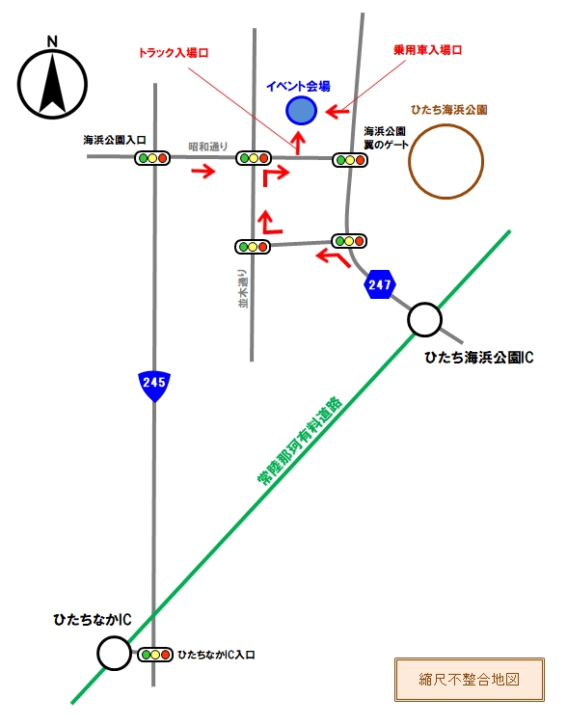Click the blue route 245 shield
[x=154, y=386]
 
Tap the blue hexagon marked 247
[x=380, y=284]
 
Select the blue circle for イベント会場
[x=301, y=111]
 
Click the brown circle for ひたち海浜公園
[x=445, y=161]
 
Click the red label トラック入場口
[x=174, y=53]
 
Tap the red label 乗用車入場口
[x=428, y=50]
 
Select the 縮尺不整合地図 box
[x=470, y=680]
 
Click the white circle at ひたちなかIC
[x=114, y=653]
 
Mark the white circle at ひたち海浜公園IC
[x=424, y=319]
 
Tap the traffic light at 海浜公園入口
[x=152, y=158]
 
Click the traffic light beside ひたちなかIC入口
[x=155, y=655]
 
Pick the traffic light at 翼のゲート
[x=350, y=160]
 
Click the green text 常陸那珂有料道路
[x=300, y=441]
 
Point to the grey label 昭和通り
[x=208, y=147]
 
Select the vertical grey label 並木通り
[x=243, y=289]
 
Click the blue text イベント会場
[x=298, y=86]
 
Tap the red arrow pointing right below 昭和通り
[x=203, y=171]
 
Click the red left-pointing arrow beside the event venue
[x=337, y=112]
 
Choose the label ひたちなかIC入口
[x=216, y=655]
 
